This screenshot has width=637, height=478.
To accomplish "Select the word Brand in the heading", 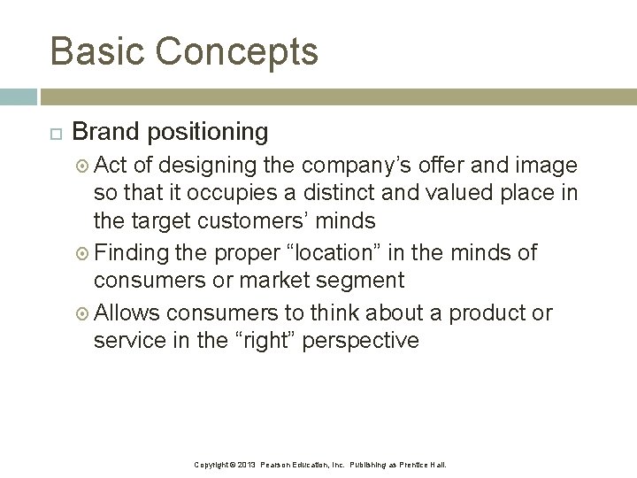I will coord(105,132).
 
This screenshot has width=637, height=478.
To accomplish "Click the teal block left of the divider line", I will coord(19,96).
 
